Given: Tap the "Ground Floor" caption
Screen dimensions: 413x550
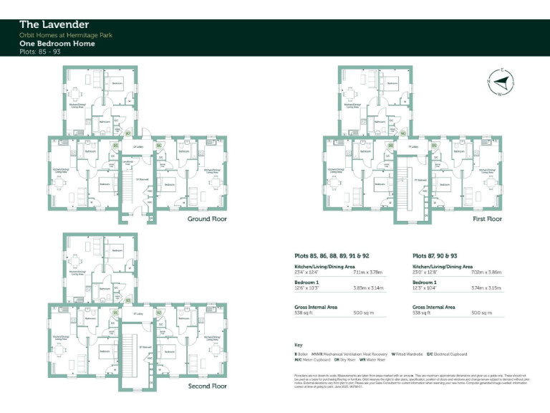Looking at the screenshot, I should coord(207,219).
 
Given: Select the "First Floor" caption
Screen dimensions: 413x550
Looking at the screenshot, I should coord(487,219).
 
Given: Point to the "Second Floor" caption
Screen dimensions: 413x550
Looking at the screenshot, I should coord(208,386).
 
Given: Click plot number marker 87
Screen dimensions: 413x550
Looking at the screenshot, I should coord(128,133).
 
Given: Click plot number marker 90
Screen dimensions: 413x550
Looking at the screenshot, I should coord(403,133).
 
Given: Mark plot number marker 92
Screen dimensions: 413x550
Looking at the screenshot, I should coord(159,313).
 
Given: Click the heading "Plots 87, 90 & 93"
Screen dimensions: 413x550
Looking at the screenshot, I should coord(437,255).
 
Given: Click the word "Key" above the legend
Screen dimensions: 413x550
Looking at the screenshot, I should coord(298,345).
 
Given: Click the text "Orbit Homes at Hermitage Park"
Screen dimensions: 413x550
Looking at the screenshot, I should coord(66,35).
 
